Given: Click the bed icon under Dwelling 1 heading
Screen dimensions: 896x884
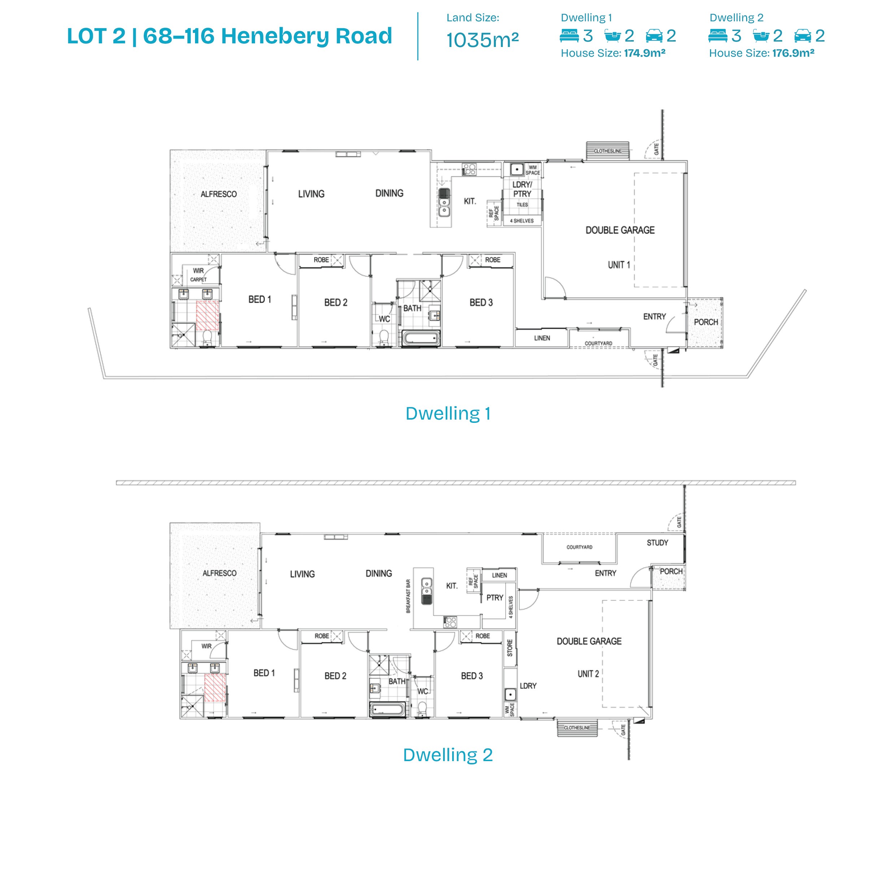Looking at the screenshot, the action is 570,36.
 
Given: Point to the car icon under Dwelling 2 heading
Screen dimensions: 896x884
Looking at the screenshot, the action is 803,36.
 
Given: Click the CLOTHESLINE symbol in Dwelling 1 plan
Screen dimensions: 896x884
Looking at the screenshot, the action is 607,151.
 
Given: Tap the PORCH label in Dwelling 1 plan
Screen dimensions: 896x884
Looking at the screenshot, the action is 706,322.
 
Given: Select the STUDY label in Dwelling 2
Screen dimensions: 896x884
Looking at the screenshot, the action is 657,542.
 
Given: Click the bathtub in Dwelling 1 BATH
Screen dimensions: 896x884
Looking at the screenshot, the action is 421,338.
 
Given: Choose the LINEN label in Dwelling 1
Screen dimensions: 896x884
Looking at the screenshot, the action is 542,338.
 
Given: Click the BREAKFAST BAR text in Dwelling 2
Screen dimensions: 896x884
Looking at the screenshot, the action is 408,596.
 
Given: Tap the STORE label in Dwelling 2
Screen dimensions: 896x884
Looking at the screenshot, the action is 510,648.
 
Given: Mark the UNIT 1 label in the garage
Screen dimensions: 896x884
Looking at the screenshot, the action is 619,265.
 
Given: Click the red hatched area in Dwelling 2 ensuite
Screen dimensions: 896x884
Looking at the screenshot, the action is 215,687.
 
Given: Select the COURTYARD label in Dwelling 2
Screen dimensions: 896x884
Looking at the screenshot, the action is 579,547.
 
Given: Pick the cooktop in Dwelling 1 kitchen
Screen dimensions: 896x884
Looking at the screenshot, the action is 469,169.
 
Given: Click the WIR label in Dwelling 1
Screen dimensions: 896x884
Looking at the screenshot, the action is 199,271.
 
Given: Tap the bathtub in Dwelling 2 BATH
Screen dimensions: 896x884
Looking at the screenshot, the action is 388,709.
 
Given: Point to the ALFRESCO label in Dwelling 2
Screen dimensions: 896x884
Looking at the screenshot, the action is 219,573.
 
